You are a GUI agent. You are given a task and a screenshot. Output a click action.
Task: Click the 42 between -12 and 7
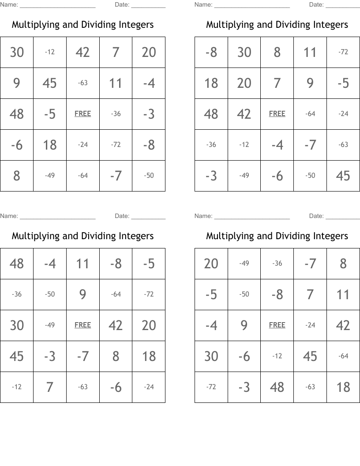coord(82,52)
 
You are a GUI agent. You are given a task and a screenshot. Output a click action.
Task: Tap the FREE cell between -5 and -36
coord(82,114)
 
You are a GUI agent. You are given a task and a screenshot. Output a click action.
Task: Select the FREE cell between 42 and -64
coord(277,114)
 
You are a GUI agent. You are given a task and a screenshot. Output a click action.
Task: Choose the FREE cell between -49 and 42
coord(82,325)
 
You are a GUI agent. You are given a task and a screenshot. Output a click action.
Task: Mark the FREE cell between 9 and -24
coord(277,325)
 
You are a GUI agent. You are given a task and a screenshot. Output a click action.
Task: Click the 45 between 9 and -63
coord(50,83)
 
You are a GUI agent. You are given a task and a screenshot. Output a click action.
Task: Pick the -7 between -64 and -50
coord(116,176)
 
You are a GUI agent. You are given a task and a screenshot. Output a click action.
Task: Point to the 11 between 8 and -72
coord(310,52)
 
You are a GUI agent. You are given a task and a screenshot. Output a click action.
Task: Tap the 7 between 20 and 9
coord(277,83)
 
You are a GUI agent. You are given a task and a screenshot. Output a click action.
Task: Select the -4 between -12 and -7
coord(277,145)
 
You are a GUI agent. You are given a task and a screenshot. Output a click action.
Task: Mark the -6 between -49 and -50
coord(277,176)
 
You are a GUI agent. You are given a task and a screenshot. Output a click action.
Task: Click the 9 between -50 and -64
coord(82,294)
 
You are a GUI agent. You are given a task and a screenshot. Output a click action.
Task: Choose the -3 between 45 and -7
coord(50,356)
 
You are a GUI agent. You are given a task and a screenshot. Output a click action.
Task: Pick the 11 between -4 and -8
coord(82,263)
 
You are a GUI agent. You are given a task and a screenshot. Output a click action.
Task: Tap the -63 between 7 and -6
coord(82,387)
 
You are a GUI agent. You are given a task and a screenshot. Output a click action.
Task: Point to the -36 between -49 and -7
coord(277,263)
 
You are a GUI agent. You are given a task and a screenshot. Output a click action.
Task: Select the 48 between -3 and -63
coord(277,387)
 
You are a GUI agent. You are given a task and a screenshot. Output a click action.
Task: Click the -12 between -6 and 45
coord(277,356)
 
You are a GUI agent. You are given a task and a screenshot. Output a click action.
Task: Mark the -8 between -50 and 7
coord(277,294)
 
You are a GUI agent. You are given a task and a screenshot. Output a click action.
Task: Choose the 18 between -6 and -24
coord(50,145)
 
